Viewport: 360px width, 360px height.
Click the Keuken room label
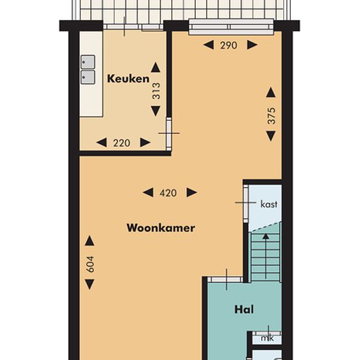[128, 79]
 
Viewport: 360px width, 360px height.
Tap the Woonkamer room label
[161, 228]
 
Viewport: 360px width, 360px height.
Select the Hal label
[244, 310]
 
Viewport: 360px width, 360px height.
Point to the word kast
[269, 204]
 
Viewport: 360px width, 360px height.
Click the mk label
[267, 338]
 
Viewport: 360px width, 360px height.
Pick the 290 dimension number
[228, 45]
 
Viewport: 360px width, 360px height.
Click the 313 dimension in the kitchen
[156, 91]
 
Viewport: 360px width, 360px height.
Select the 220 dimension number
[122, 143]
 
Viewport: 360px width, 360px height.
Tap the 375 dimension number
[271, 115]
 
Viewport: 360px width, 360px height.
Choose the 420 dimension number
[168, 193]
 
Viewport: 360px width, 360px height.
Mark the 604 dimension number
[90, 264]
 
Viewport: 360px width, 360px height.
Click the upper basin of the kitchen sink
[88, 62]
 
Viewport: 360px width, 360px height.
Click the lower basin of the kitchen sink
[88, 77]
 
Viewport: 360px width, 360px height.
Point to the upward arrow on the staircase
[266, 256]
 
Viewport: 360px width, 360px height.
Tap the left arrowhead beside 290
[208, 45]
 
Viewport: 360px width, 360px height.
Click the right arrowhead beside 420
[192, 192]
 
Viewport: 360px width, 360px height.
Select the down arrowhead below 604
[90, 284]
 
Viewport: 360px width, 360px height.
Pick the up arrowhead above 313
[156, 67]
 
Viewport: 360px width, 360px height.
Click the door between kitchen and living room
[169, 134]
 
